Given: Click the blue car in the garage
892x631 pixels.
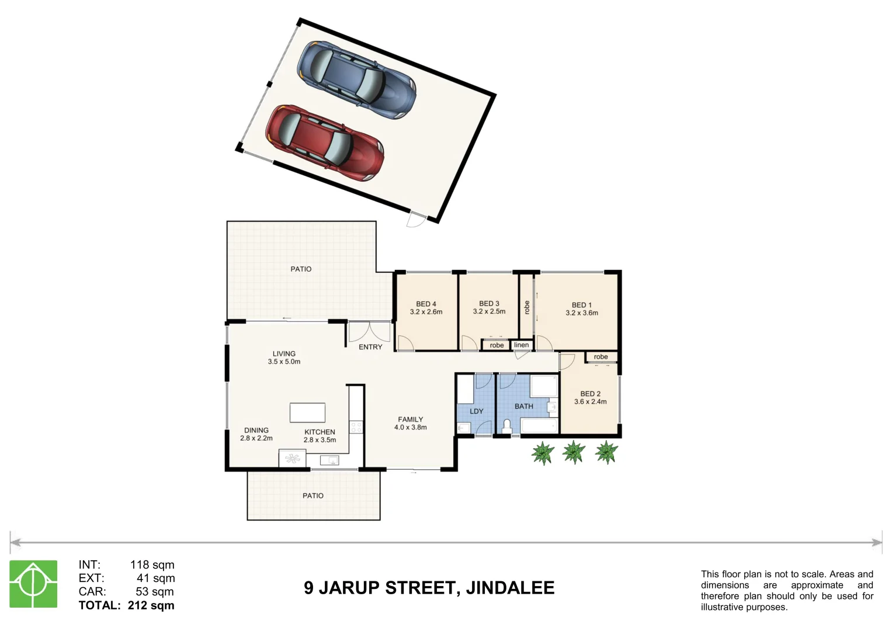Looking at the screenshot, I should tap(356, 79).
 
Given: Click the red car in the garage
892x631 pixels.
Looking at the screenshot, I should tap(325, 143).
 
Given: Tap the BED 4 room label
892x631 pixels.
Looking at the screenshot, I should tap(426, 304).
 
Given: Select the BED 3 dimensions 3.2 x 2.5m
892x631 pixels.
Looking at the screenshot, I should tap(489, 312).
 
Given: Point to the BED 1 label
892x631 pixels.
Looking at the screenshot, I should tap(581, 305).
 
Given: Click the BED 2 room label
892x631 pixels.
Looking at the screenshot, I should tap(590, 394).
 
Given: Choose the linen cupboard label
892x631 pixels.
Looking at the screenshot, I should tap(522, 345).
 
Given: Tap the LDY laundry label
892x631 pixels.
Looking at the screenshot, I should tap(477, 411).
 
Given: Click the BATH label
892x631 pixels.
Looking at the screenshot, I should tap(523, 407).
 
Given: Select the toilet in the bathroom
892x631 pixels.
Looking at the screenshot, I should tap(506, 427).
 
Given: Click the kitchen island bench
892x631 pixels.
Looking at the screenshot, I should tap(307, 412).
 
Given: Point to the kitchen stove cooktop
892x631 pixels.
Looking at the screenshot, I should tap(356, 427).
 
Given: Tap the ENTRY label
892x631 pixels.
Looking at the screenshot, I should tap(370, 347).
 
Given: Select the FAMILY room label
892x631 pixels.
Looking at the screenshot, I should tap(410, 419).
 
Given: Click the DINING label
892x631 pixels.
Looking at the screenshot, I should tap(256, 430).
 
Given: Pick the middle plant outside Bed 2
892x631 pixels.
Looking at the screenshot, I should tap(574, 452).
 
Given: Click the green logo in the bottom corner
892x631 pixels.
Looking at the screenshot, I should tap(33, 584).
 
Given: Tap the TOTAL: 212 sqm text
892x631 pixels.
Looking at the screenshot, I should tap(127, 605).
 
